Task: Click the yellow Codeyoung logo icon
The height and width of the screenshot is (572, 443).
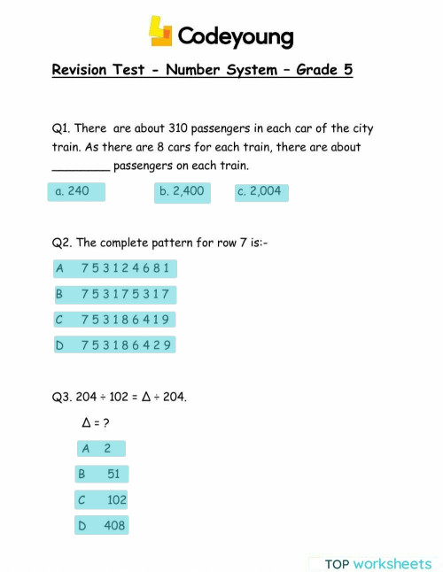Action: point(159,33)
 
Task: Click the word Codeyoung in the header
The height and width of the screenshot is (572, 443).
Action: point(235,36)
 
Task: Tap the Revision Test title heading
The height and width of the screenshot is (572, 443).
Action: point(202,70)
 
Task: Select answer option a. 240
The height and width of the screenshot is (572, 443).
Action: point(75,191)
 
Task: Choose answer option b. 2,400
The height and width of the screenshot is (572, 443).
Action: point(182,191)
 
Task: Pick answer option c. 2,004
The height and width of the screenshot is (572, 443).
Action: point(261,191)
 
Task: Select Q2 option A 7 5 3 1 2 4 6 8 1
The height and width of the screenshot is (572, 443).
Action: point(114,267)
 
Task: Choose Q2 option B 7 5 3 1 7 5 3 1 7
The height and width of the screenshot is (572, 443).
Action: point(114,293)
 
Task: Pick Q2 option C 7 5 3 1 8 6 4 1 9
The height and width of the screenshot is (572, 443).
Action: point(114,319)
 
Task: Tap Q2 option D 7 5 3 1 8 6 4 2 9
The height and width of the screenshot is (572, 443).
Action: point(114,344)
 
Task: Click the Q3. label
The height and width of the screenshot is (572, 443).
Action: point(62,398)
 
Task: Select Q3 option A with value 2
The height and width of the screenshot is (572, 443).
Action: point(101,449)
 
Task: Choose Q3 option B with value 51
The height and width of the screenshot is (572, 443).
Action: point(103,475)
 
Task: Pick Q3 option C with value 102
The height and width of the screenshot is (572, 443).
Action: point(103,499)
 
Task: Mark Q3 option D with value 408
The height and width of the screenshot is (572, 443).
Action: point(103,526)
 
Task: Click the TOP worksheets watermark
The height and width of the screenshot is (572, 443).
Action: point(377,563)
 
